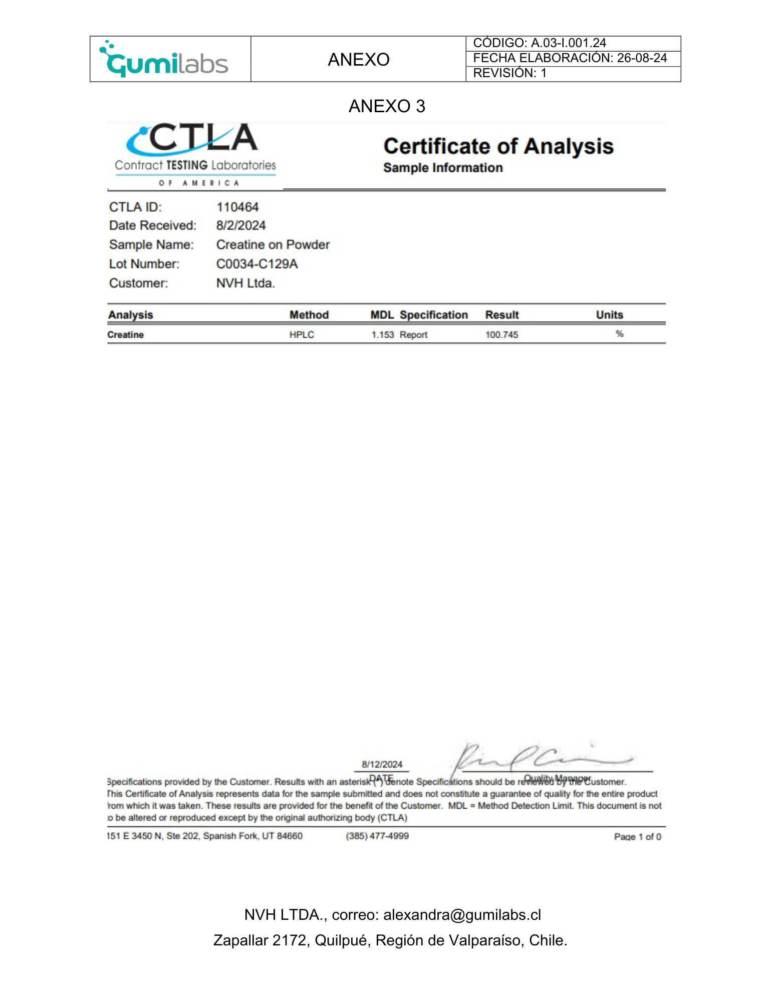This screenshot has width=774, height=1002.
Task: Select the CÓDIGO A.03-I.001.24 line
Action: (539, 43)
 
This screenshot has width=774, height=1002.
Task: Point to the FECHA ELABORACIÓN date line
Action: (570, 58)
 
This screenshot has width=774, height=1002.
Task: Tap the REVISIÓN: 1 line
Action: (509, 73)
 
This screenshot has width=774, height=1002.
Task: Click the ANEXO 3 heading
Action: (387, 106)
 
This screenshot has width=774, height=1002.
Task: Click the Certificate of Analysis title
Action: (498, 146)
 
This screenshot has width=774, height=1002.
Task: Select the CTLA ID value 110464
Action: (237, 207)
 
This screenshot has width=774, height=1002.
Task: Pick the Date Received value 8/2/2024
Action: (241, 225)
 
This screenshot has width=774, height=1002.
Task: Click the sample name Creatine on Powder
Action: (273, 244)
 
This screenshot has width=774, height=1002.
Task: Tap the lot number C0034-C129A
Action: (257, 264)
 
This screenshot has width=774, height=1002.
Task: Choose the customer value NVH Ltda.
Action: (245, 283)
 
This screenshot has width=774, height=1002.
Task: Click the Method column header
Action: (309, 315)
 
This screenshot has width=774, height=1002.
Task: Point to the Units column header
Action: (609, 315)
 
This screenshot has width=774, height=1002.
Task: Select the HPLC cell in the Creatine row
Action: (302, 335)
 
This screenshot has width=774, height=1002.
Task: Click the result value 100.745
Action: (501, 335)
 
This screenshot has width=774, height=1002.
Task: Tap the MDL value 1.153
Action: (382, 335)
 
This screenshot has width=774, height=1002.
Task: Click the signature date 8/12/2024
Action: (382, 764)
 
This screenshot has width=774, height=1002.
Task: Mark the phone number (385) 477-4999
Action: (377, 836)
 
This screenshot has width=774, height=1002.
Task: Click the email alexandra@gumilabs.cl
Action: (462, 914)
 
